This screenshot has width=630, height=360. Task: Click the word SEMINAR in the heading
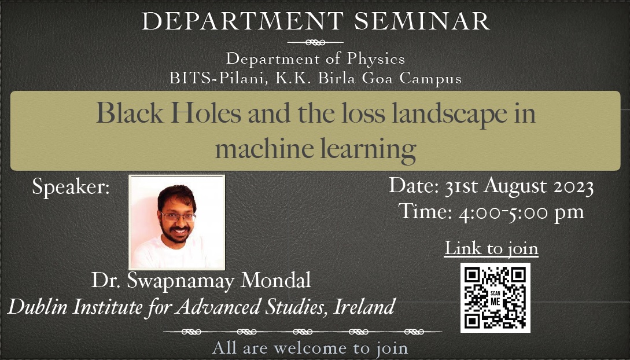(422, 21)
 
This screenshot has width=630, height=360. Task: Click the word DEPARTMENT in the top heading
(242, 21)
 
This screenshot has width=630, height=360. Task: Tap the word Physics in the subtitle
(376, 60)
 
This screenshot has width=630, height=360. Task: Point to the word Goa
(377, 78)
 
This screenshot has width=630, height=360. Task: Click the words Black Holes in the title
(169, 113)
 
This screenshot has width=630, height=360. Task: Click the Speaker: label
(71, 187)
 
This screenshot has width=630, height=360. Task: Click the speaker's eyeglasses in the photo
(178, 217)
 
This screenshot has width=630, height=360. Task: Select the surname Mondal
(275, 280)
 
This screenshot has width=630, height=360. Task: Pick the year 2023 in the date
(574, 187)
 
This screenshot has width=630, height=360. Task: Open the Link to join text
(491, 248)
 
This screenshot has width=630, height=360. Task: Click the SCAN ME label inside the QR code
(495, 297)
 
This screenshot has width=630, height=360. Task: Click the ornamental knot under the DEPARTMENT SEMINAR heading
(315, 42)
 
